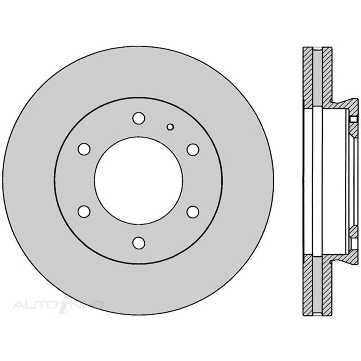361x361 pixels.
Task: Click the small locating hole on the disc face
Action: (x=170, y=127)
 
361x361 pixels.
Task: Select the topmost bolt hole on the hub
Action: (x=139, y=118)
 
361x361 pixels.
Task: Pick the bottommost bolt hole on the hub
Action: (x=139, y=243)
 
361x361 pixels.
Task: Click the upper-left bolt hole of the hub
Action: (x=84, y=149)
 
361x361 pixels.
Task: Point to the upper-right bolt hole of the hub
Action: (x=193, y=149)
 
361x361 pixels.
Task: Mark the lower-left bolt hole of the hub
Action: (x=84, y=211)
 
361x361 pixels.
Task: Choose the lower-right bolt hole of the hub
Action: (x=193, y=211)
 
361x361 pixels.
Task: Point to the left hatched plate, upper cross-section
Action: (x=307, y=78)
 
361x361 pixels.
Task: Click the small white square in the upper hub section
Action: (x=353, y=119)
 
